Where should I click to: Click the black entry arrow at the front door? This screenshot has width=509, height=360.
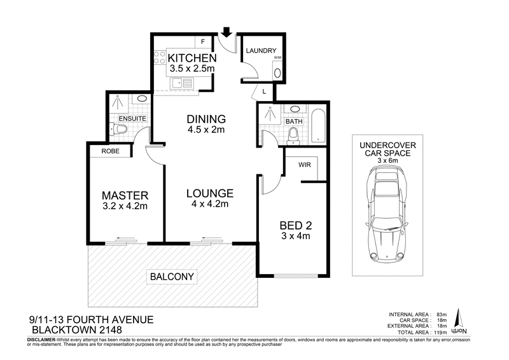(x=226, y=31)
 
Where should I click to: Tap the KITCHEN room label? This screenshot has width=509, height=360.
(x=188, y=59)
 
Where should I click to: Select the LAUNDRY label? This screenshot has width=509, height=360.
(x=260, y=51)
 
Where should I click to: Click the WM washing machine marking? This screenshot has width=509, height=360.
(x=277, y=58)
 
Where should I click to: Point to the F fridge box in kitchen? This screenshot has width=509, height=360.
(x=203, y=42)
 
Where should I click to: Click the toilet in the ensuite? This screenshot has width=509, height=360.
(x=121, y=130)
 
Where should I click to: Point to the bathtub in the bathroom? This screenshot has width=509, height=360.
(x=318, y=125)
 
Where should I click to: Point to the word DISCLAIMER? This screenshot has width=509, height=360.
(x=42, y=341)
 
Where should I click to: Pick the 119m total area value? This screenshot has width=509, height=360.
(x=442, y=332)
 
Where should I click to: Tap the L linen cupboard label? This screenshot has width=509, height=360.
(x=263, y=92)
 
